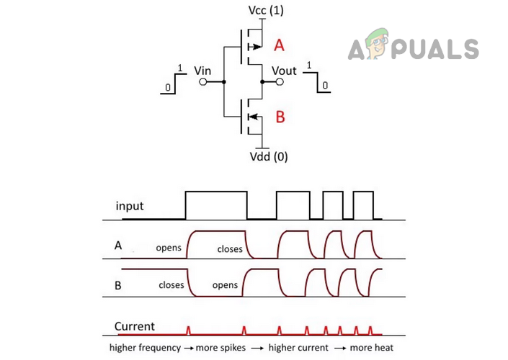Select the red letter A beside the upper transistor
280,46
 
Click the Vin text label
203,71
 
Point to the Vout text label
285,71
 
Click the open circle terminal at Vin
202,83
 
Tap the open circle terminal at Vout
282,83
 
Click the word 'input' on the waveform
130,206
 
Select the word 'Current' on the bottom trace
135,326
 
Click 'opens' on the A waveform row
169,248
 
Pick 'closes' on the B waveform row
171,284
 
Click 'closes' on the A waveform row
230,249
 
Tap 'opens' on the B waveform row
225,284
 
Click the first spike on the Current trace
189,330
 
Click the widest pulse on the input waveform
216,205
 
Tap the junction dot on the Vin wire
224,83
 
